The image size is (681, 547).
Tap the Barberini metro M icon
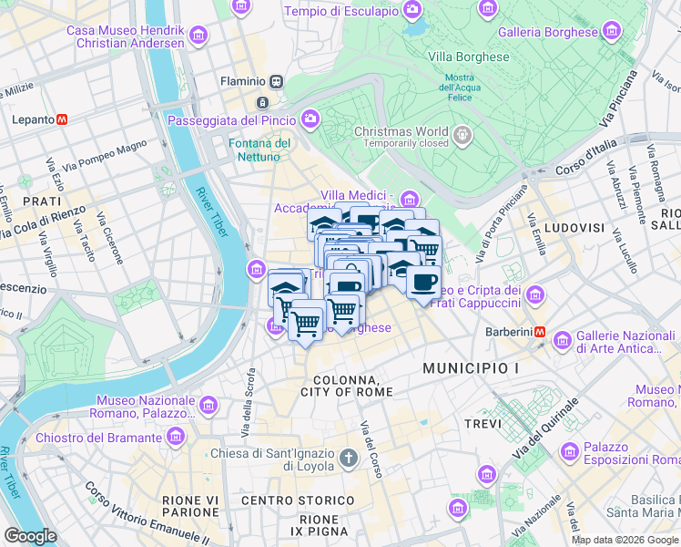click(x=540, y=332)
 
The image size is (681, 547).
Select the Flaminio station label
click(x=242, y=81)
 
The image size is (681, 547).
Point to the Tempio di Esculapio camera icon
click(x=413, y=11)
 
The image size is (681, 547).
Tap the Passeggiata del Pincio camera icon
click(x=310, y=119)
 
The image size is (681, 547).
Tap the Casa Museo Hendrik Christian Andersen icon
click(x=199, y=36)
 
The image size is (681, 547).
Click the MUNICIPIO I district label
click(x=470, y=367)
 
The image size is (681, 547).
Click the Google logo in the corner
click(x=30, y=536)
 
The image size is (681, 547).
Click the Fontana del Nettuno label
click(x=259, y=150)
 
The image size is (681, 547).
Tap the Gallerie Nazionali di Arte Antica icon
click(x=562, y=342)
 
